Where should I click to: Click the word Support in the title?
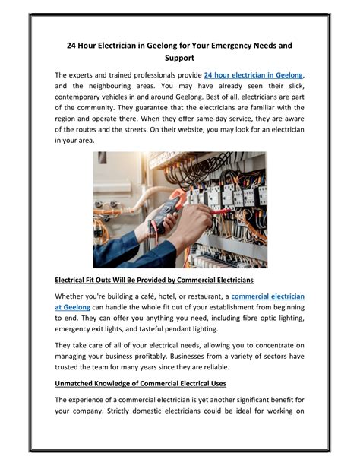click(x=179, y=58)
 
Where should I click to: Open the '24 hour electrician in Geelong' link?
click(x=254, y=75)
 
